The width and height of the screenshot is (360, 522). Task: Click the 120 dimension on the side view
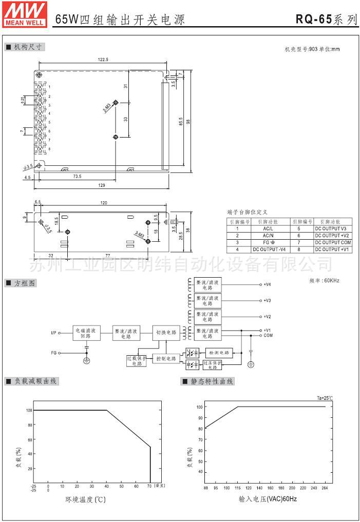(104, 203)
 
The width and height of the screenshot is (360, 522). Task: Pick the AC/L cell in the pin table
(268, 228)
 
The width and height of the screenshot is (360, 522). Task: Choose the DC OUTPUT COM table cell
(333, 242)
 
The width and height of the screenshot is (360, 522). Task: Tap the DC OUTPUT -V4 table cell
(268, 249)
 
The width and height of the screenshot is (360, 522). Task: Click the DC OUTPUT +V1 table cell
(333, 249)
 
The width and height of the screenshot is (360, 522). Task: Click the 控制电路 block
(166, 358)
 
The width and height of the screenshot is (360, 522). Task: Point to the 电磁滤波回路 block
(86, 333)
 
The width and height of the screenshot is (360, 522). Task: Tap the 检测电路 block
(219, 353)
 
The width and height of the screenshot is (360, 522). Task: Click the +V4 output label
(267, 284)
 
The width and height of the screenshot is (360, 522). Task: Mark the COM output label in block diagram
(268, 335)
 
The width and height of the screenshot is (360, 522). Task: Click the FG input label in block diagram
(53, 353)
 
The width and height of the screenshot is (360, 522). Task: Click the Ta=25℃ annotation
(325, 398)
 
